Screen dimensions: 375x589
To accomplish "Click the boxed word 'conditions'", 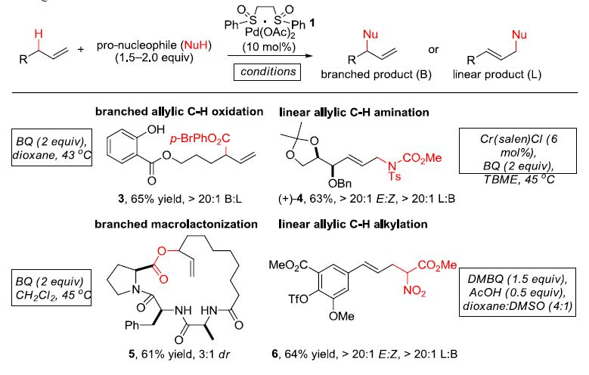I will (x=267, y=73).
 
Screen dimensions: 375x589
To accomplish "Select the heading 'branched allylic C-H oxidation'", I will (x=178, y=111).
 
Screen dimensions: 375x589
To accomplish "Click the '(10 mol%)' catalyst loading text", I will (x=267, y=47).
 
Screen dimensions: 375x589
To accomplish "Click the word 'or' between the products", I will (x=433, y=50).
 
